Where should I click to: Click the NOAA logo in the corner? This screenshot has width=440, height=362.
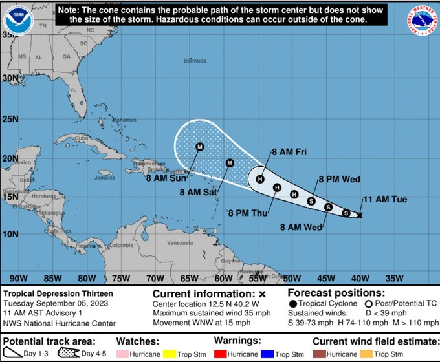[x=19, y=20]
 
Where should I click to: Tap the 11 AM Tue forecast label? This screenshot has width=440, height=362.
[x=384, y=200]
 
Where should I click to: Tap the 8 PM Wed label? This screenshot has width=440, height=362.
[x=339, y=179]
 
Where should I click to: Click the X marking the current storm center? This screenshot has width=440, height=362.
[x=360, y=215]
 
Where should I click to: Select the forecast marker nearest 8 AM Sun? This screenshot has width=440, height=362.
[x=199, y=147]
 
